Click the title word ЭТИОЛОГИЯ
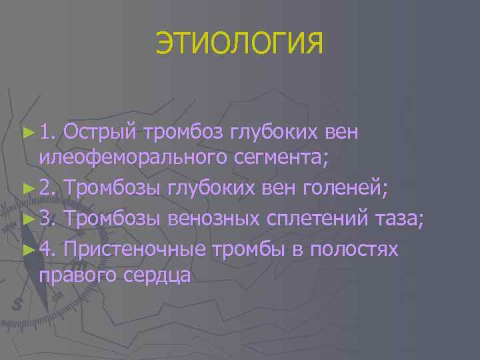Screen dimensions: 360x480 click(x=239, y=44)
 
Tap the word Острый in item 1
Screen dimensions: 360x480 click(x=101, y=133)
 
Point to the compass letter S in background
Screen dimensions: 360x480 click(x=18, y=303)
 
